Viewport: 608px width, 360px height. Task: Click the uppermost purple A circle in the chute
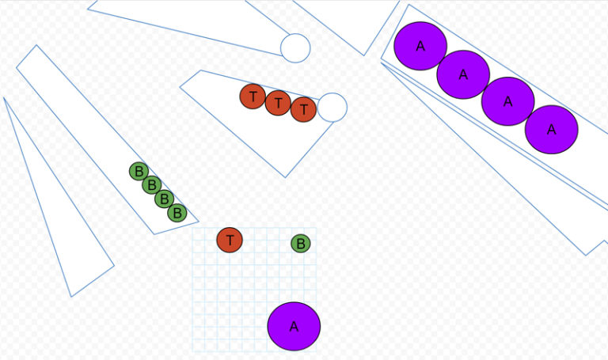[x=420, y=46]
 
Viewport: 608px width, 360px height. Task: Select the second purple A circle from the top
[x=463, y=74]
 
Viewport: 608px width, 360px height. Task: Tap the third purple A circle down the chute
[x=507, y=101]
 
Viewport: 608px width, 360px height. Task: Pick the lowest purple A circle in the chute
[x=551, y=129]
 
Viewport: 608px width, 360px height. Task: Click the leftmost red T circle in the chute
[x=253, y=97]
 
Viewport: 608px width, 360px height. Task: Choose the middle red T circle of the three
[x=278, y=103]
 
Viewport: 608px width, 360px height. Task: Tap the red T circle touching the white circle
[x=303, y=109]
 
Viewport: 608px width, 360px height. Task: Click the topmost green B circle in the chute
[x=139, y=171]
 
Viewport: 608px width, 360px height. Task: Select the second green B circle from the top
[x=152, y=185]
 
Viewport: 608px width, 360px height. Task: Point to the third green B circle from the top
[x=164, y=199]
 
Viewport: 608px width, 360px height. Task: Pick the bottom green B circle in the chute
[x=177, y=213]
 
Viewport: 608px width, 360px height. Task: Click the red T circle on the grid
[x=230, y=239]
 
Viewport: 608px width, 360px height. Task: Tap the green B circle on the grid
[x=301, y=244]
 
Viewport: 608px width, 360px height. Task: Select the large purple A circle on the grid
[x=294, y=326]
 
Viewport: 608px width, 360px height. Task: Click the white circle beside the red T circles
[x=332, y=108]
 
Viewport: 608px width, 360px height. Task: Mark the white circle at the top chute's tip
[x=295, y=47]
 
